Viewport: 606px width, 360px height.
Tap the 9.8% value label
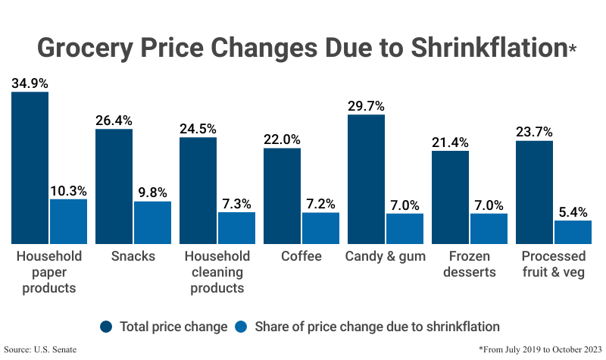(x=152, y=193)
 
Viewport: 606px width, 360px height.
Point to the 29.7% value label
(x=366, y=105)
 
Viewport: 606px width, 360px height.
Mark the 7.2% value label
(x=320, y=203)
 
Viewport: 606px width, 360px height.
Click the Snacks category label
(x=133, y=256)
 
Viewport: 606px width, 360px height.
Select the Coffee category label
(x=301, y=256)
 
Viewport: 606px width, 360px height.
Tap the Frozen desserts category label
(x=470, y=264)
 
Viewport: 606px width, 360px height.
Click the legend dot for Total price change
(x=107, y=327)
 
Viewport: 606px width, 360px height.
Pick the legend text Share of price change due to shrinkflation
(x=376, y=327)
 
